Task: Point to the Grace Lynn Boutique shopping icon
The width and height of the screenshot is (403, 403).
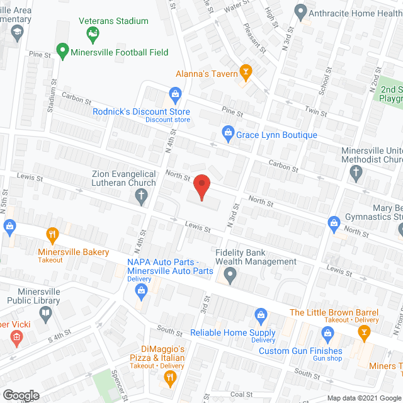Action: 227,133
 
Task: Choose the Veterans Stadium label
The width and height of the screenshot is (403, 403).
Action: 113,21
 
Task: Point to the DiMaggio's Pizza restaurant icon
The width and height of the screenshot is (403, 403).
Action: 169,377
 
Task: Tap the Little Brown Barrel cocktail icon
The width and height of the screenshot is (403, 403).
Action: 364,334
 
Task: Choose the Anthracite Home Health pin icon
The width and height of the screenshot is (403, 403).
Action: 301,11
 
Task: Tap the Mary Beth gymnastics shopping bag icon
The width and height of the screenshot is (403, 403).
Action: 334,222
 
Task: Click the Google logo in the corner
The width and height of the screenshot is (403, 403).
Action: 20,395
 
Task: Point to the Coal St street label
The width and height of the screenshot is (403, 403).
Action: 241,394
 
